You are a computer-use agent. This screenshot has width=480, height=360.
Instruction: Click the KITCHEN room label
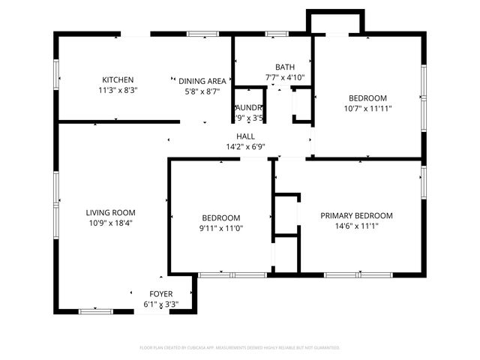(118, 79)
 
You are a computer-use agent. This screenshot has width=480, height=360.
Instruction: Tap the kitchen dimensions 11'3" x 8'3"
(118, 90)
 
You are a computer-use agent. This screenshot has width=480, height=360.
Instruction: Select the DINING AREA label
(202, 80)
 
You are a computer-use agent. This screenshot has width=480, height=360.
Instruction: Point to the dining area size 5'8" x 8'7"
(202, 90)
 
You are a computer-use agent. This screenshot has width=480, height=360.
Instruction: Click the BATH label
(285, 67)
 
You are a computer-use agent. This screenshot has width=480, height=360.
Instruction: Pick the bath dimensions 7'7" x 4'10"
(285, 77)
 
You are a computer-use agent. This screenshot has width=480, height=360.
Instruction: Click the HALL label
(245, 136)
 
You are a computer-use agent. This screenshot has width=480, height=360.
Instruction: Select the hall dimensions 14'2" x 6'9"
(245, 147)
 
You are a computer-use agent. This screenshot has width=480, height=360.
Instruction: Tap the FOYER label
(160, 294)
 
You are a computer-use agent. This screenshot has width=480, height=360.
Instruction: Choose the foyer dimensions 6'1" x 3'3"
(160, 304)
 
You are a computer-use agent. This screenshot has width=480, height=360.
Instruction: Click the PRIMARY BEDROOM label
(356, 215)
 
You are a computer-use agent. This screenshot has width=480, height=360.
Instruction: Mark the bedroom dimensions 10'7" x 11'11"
(367, 108)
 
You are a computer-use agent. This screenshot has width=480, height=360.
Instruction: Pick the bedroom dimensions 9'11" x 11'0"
(220, 228)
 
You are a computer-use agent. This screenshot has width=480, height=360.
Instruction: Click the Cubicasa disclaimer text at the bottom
(240, 347)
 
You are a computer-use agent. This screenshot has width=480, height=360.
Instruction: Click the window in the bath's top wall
(277, 34)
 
